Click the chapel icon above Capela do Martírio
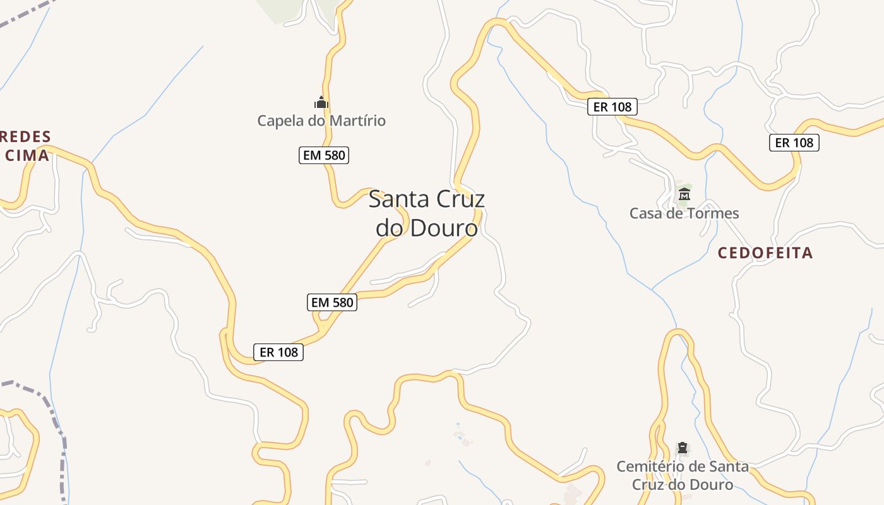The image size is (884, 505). click(x=321, y=102)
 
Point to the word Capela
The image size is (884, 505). click(x=280, y=121)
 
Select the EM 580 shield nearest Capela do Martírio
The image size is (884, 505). click(x=324, y=155)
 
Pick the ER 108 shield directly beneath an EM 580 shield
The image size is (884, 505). click(x=278, y=352)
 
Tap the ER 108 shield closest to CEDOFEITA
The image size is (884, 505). click(x=794, y=143)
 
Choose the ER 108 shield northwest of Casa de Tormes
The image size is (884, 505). click(x=612, y=107)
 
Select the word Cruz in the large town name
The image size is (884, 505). click(x=458, y=199)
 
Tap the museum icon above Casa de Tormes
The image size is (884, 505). click(x=684, y=194)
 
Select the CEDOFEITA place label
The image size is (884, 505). click(x=765, y=253)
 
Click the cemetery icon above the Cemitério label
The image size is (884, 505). click(x=683, y=448)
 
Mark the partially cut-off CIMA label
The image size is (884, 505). click(x=26, y=155)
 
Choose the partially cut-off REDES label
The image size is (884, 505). click(x=26, y=137)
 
